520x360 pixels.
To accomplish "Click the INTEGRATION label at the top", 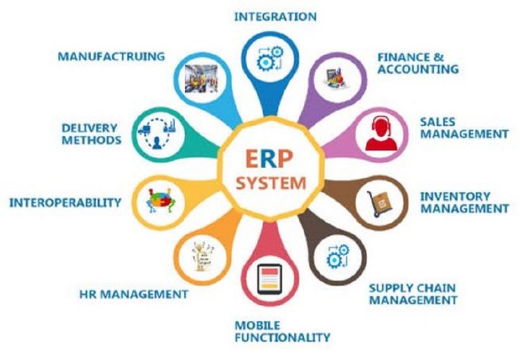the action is [276, 16].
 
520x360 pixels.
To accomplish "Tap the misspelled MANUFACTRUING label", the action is [112, 56].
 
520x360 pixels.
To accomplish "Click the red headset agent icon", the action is [381, 133].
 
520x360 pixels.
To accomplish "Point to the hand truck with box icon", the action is [380, 204].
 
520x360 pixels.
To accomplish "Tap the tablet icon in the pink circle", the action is [269, 279].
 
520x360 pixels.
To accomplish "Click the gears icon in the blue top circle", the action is [270, 58].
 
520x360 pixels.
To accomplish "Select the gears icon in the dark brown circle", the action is [338, 256].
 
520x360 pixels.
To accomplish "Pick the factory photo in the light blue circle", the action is [201, 78].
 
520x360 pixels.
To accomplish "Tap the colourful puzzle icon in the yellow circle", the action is [160, 200].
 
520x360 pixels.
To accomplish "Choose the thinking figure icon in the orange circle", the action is [202, 256].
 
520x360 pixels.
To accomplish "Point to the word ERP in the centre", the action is [269, 159].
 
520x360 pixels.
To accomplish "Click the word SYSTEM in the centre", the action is [271, 183].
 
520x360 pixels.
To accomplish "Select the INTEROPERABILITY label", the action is [65, 202].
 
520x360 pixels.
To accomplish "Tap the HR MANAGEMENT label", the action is [134, 294].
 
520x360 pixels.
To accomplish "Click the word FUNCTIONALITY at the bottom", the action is [282, 338].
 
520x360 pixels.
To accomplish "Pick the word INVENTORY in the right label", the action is [455, 196].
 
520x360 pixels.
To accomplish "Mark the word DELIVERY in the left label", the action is [89, 128].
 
